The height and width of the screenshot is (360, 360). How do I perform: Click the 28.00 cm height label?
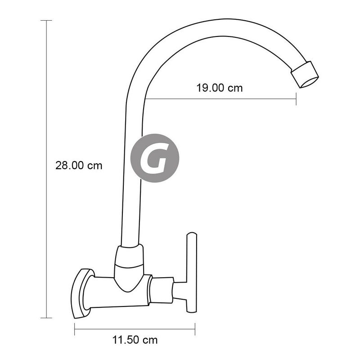pos(79,166)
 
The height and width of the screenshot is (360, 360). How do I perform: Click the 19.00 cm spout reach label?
pos(220,88)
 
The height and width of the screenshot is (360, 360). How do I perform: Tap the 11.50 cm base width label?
pos(135,340)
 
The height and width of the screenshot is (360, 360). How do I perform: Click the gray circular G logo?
pos(155,158)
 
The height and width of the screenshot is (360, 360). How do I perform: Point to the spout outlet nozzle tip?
pos(305,74)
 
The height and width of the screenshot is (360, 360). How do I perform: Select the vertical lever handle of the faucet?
pos(192,273)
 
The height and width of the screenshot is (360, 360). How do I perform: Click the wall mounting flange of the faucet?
pos(81,293)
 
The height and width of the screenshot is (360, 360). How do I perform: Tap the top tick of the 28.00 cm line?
pos(46,20)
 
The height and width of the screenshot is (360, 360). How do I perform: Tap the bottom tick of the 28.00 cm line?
pos(46,318)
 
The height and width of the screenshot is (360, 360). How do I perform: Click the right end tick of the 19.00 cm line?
pos(296,99)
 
